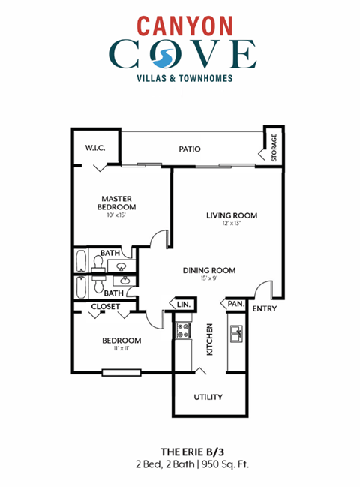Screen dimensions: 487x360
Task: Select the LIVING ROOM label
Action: click(x=232, y=215)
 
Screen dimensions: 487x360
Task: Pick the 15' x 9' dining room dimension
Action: click(x=210, y=279)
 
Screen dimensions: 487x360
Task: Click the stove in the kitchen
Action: click(x=184, y=330)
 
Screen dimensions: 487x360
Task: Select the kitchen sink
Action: click(x=236, y=332)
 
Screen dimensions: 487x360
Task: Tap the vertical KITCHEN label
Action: click(x=210, y=340)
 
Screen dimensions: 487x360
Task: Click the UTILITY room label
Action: click(x=209, y=397)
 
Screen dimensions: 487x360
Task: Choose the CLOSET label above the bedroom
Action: click(x=106, y=307)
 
